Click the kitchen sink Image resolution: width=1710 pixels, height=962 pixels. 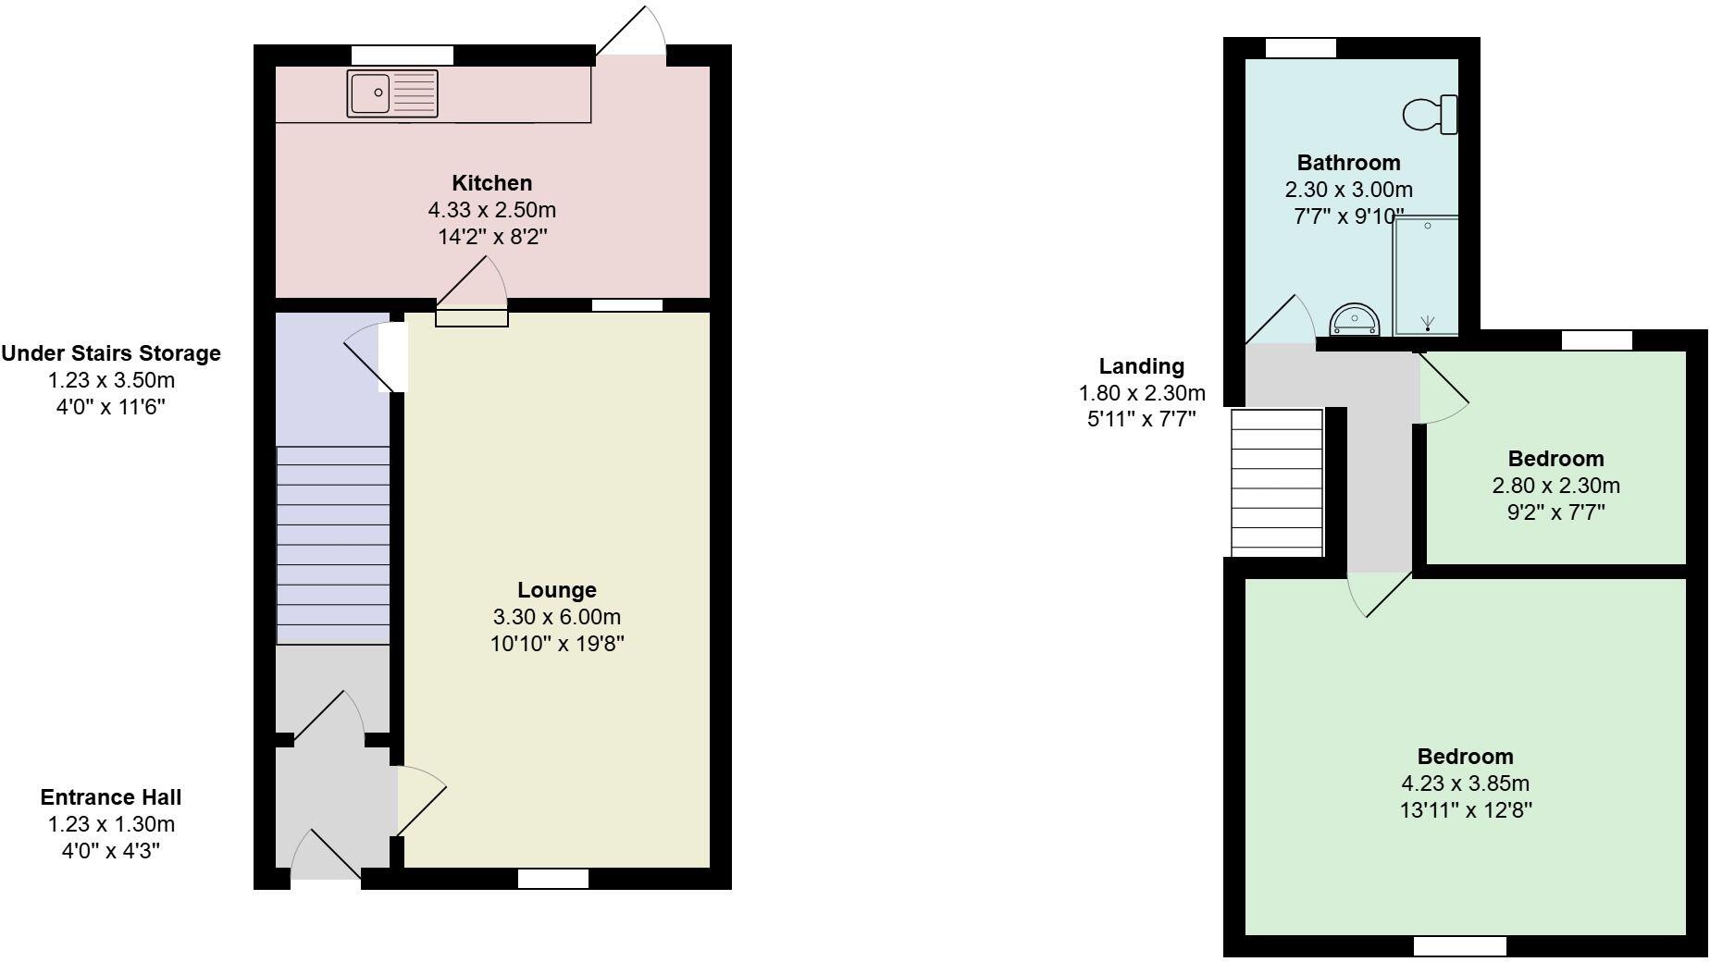(392, 93)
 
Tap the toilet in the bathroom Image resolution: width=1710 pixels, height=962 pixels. (1430, 115)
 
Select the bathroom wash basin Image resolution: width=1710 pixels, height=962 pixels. (1355, 320)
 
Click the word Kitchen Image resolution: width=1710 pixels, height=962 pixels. (491, 183)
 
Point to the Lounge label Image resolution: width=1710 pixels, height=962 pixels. (556, 590)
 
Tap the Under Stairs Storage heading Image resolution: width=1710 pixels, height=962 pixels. (111, 353)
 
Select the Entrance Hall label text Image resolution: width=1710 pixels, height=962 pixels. (111, 797)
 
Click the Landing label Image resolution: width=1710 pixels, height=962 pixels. (1141, 366)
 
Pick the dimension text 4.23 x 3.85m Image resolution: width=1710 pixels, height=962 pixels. (1465, 783)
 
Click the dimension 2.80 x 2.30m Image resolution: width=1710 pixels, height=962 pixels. (1555, 486)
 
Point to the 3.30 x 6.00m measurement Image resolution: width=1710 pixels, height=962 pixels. (556, 617)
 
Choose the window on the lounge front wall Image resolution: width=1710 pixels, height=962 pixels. (553, 879)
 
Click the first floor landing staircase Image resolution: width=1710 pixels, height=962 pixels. (1276, 482)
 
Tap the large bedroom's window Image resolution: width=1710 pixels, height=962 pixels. (1459, 946)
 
